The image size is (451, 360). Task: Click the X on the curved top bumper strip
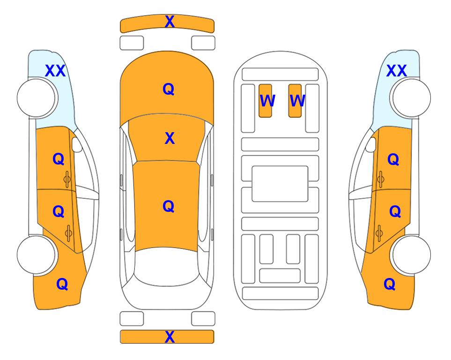tap(170, 22)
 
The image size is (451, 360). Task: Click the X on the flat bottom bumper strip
tap(170, 337)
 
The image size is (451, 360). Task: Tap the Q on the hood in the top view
tap(169, 89)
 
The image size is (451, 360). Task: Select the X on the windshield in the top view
tap(170, 138)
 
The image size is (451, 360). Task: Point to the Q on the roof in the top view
tap(169, 207)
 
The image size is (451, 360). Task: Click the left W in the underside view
tap(267, 101)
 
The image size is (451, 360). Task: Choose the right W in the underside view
tap(297, 101)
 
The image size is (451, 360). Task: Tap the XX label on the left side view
tap(56, 71)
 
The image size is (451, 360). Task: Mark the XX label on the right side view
tap(397, 71)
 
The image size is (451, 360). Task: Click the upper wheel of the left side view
tap(36, 98)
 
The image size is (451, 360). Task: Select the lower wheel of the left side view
tap(36, 255)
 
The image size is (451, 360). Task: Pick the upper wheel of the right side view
tap(412, 98)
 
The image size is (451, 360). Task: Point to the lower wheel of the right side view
tap(412, 255)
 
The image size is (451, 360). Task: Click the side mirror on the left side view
tap(77, 144)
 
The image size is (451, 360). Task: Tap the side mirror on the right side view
tap(371, 144)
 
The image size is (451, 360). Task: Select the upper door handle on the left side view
tap(67, 179)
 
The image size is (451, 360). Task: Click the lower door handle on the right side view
tap(379, 233)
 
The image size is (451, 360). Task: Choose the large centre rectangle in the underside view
tap(280, 184)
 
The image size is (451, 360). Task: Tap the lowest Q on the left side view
tap(62, 285)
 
